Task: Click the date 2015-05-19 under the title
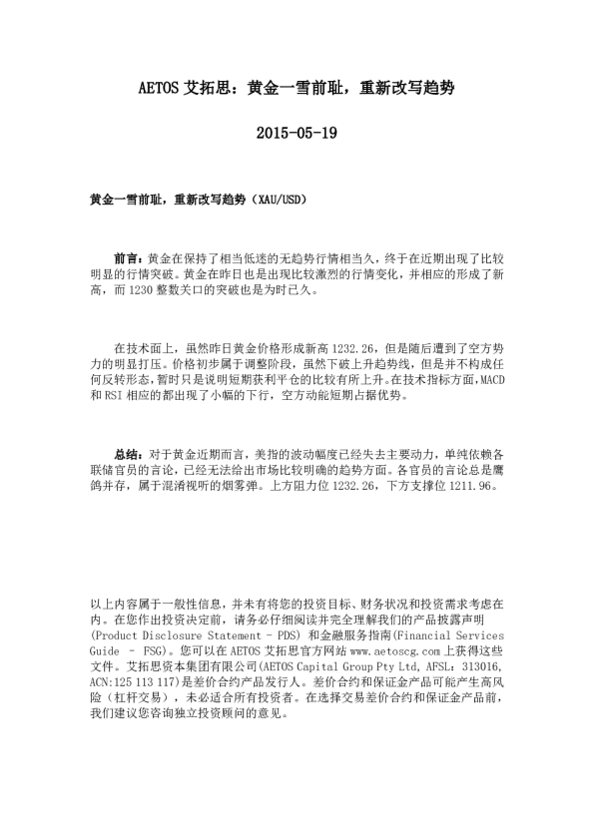297,132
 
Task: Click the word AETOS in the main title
158,88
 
